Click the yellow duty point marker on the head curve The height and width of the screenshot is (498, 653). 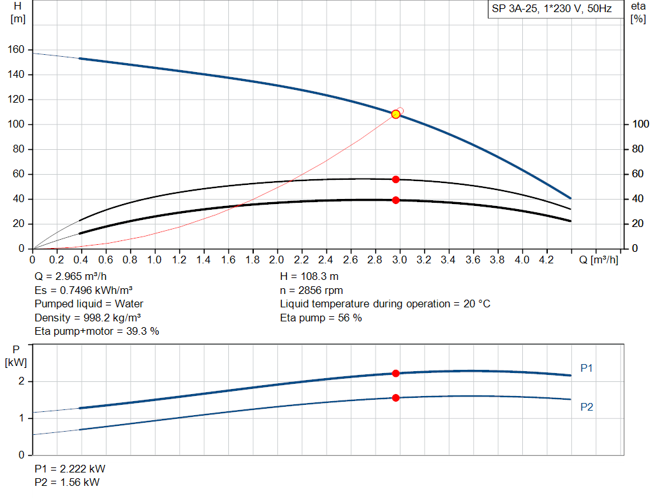pos(395,114)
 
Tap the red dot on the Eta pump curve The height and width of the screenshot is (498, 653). pos(395,179)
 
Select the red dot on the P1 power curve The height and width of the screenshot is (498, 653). pos(395,374)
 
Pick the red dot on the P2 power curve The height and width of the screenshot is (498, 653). pos(395,398)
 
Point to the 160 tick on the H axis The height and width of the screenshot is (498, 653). pos(17,50)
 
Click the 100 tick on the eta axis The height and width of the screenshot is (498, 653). pos(637,124)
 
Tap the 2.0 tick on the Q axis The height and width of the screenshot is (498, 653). pos(277,260)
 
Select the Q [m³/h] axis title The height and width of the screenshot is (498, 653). pos(599,260)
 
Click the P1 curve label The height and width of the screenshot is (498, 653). pos(587,368)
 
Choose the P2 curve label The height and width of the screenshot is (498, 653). pos(587,407)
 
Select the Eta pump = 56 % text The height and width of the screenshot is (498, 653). pos(321,318)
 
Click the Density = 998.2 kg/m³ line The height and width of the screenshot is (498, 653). pos(88,318)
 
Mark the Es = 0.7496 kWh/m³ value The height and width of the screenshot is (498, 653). pos(84,291)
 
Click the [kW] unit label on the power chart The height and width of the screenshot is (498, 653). pos(16,363)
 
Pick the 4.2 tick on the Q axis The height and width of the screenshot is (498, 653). pos(546,260)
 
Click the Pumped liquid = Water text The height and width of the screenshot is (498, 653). pos(89,304)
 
